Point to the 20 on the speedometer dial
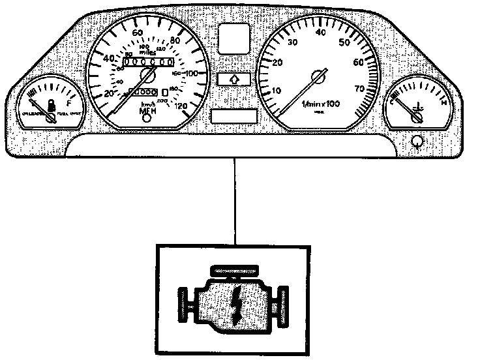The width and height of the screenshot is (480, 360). point(110,95)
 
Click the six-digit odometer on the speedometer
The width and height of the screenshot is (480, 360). point(148,62)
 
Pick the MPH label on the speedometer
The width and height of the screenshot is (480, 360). point(149,112)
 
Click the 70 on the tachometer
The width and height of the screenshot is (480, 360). point(359,88)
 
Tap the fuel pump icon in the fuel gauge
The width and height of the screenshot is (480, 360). point(51,103)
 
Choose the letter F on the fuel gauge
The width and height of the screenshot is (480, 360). point(68,102)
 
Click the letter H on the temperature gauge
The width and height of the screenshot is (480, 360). point(444,102)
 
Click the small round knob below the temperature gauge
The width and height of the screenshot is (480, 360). point(417,140)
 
